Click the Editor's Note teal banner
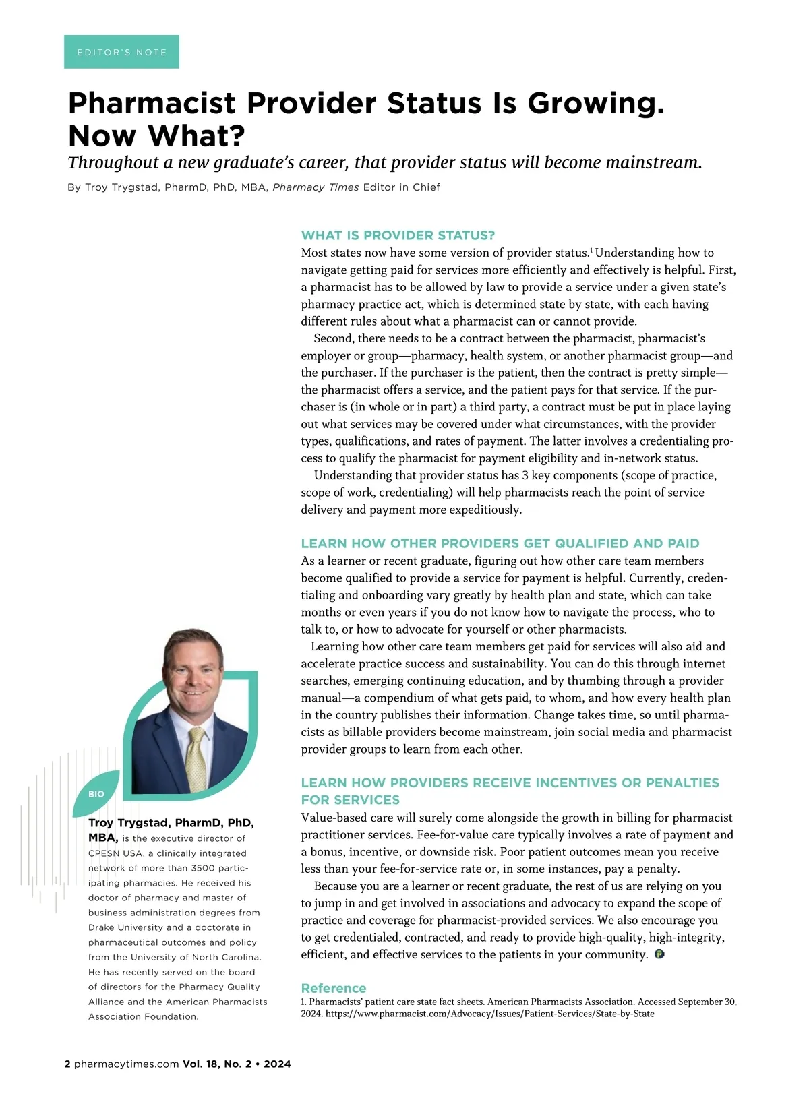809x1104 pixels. point(121,52)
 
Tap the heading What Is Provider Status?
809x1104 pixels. point(398,235)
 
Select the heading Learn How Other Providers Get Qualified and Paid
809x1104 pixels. point(500,543)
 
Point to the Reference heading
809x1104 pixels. point(333,988)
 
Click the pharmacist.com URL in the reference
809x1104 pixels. point(489,1014)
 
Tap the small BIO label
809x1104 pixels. point(96,794)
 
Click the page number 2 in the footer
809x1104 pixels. point(67,1064)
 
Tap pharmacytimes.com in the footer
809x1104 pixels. point(126,1064)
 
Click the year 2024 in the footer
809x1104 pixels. point(277,1064)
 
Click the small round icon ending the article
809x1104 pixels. point(659,954)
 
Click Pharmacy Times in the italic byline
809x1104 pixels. point(316,187)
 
